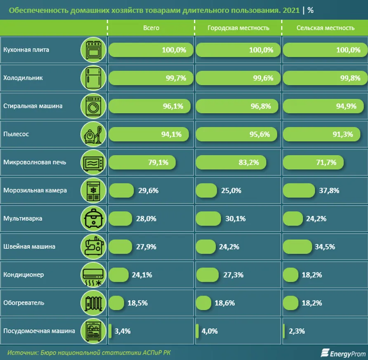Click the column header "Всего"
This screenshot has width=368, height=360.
[x=151, y=28]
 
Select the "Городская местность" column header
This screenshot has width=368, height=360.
[x=238, y=28]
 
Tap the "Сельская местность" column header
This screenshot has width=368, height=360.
[x=325, y=28]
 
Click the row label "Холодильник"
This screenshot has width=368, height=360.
[x=23, y=78]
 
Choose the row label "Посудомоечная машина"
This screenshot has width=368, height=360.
[x=39, y=331]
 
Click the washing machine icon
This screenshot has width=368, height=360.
[x=94, y=106]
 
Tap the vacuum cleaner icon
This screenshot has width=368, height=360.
[x=94, y=134]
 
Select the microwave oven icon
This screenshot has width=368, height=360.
[x=94, y=162]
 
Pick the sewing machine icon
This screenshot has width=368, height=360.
[x=94, y=246]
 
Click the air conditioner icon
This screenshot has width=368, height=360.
[x=94, y=275]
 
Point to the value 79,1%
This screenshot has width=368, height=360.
[x=158, y=162]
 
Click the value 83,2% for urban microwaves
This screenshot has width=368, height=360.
[x=249, y=162]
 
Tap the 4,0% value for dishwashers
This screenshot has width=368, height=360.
[x=209, y=331]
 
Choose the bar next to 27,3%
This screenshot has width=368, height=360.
[x=207, y=275]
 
